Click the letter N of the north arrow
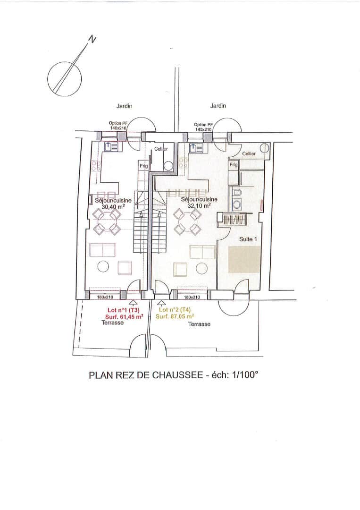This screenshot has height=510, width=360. pos(92,39)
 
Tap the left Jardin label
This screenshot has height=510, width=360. pos(125,106)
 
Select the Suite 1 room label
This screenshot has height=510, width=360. pos(248,239)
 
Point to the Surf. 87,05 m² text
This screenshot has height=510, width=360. pos(175,316)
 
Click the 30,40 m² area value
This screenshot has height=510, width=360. pos(113,206)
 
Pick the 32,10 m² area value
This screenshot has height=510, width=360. pos(199,205)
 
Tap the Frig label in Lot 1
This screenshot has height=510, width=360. pos(143,166)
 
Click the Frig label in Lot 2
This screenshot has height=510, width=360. pos(233,165)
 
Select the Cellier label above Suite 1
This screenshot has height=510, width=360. pos(249,153)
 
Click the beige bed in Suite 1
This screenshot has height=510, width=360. pos(245,260)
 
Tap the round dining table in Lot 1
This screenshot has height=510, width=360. pos(107,223)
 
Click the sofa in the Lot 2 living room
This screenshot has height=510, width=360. pos(202,252)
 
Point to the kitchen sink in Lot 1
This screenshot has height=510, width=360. pos(111,147)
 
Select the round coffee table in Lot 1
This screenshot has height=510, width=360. pos(103,267)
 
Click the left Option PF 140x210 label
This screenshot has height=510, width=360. pos(117,126)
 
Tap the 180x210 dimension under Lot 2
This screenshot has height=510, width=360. pos(192,297)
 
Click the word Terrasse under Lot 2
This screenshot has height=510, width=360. pos(199,324)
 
